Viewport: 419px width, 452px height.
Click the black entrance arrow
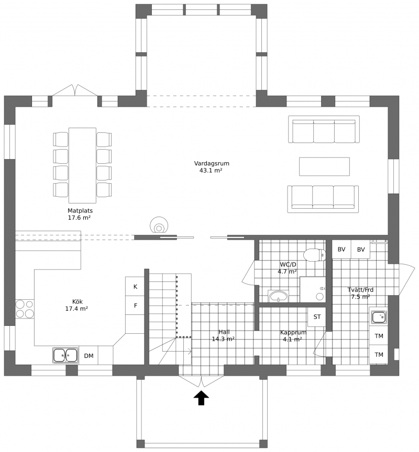[x=201, y=399]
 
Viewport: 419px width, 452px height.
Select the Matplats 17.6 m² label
[x=80, y=214]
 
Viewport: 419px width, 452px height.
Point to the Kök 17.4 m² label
[x=77, y=305]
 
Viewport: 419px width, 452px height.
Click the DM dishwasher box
[x=89, y=356]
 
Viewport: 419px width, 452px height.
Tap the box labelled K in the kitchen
[x=135, y=287]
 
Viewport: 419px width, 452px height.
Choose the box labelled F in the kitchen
[x=135, y=306]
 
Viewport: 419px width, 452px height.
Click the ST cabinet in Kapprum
[x=317, y=317]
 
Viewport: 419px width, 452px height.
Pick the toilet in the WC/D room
[x=315, y=255]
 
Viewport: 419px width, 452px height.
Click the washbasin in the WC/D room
[x=279, y=296]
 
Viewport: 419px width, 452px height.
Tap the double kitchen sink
[x=65, y=355]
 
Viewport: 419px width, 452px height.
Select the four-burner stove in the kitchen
[x=25, y=309]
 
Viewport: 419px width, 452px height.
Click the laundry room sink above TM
[x=379, y=317]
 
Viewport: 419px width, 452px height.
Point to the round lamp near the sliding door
[x=159, y=225]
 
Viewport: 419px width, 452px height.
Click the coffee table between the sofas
[x=324, y=166]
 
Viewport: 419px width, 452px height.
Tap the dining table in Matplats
[x=82, y=165]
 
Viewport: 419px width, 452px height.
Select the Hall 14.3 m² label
[x=223, y=335]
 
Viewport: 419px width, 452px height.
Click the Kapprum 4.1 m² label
[x=293, y=336]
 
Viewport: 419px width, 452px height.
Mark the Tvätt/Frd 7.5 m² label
[x=361, y=293]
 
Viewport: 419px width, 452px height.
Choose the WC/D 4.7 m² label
[x=288, y=268]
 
